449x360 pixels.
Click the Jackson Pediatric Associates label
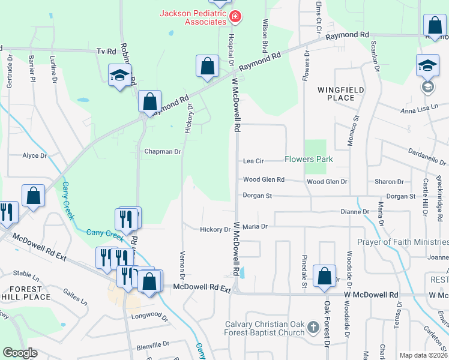coord(193,17)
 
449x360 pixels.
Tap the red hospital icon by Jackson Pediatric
coord(235,17)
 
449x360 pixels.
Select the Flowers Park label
coord(309,160)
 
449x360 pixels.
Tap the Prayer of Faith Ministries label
coord(403,242)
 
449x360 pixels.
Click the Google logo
coord(20,352)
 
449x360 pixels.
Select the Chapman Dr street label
coord(162,152)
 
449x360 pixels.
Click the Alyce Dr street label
coord(34,156)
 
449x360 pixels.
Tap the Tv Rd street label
coord(105,52)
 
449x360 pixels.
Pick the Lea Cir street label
coord(253,161)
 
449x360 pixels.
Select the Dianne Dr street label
coord(354,212)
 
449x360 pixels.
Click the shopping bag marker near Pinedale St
coord(325,277)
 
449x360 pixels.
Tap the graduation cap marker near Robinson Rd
coord(119,76)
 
